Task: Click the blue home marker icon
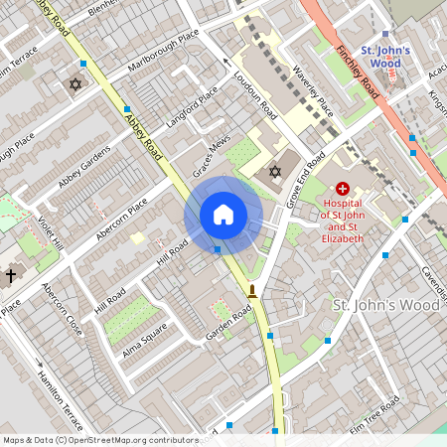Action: (223, 215)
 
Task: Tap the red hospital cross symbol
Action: (343, 188)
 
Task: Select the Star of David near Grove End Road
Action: (275, 172)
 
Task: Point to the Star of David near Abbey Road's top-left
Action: (74, 84)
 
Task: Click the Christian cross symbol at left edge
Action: (11, 274)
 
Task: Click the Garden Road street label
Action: (227, 326)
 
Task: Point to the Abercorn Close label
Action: (63, 309)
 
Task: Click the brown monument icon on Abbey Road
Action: (253, 292)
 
